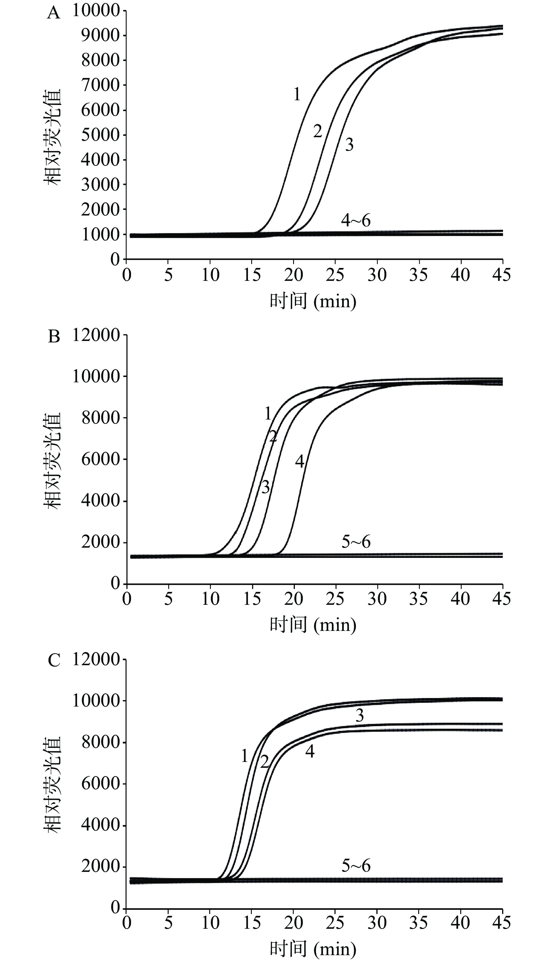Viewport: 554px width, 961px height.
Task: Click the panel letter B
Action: (x=54, y=337)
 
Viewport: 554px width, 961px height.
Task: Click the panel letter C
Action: (x=54, y=661)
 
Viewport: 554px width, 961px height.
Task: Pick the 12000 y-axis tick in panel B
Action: (x=96, y=335)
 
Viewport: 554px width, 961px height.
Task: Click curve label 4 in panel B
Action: (x=300, y=462)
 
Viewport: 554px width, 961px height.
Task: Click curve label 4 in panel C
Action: (x=310, y=752)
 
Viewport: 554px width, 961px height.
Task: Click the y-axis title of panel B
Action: (x=52, y=460)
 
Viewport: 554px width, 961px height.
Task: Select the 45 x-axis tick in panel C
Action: (x=502, y=923)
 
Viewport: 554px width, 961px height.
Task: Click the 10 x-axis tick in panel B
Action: (x=210, y=599)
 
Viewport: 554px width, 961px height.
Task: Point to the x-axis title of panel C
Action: (x=313, y=949)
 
